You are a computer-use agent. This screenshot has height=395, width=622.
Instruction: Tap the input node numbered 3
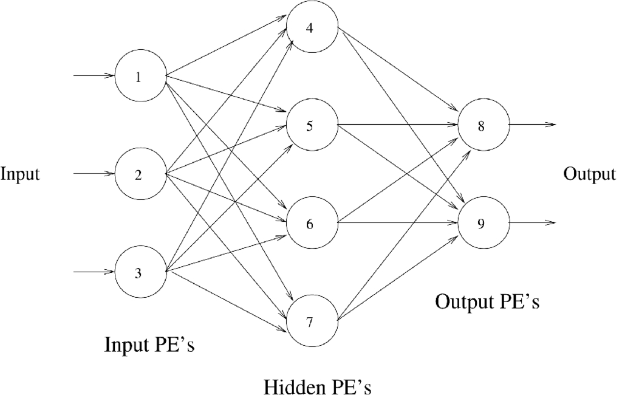(x=140, y=272)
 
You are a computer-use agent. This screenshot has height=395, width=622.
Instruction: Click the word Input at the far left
(x=20, y=175)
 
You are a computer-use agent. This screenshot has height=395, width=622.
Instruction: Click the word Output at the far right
(x=589, y=174)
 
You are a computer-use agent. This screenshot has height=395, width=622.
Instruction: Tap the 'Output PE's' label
(x=487, y=301)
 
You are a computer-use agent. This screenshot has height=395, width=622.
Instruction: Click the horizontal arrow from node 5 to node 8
(x=397, y=126)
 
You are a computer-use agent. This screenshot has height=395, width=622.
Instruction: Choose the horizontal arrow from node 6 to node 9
(x=397, y=223)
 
